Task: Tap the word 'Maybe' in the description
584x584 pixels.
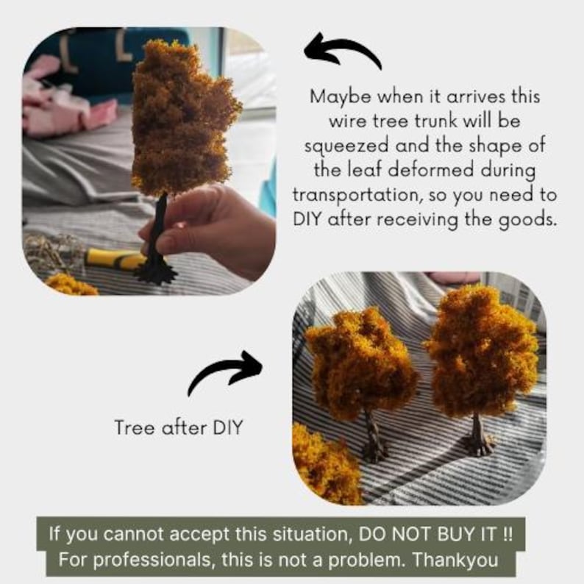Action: pos(340,98)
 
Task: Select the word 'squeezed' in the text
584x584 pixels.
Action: pos(346,146)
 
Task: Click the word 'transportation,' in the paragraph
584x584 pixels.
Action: pos(357,195)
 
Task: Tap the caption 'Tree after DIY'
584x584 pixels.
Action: pos(179,427)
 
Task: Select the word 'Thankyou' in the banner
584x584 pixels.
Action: pos(455,560)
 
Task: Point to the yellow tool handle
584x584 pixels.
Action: pos(115,258)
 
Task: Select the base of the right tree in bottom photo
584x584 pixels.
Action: pos(479,444)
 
